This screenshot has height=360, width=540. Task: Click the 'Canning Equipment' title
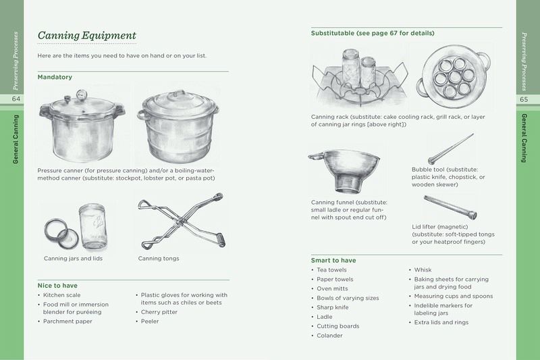pos(87,36)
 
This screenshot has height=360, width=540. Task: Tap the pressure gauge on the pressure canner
pos(82,94)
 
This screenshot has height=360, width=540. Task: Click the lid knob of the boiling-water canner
pos(178,93)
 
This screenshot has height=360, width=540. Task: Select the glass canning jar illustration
pos(93,226)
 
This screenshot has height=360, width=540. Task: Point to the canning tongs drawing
pos(182,221)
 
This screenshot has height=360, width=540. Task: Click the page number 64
pos(16,99)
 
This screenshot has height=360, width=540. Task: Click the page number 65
pos(524,99)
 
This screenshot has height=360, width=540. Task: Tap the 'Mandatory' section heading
pos(55,77)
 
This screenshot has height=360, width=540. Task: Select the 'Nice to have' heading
pos(57,286)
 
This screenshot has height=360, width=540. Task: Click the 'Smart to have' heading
pos(333,261)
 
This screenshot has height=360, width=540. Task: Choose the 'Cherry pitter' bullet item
pos(159,312)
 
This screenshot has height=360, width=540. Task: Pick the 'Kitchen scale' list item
pos(61,295)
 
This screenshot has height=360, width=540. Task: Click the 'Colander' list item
pos(329,336)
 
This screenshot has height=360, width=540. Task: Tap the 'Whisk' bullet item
pos(423,269)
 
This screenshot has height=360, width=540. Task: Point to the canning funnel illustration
pos(344,170)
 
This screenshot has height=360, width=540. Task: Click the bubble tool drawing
pos(451,149)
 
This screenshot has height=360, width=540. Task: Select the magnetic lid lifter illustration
pos(450,207)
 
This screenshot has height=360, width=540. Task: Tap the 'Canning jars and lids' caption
pos(73,259)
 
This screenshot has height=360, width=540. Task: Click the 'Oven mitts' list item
pos(332,288)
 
